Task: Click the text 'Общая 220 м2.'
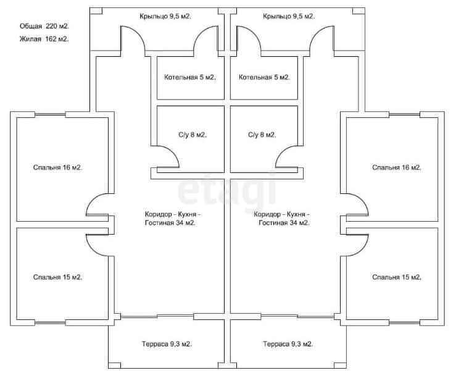point(44,27)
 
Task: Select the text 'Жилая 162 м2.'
point(44,39)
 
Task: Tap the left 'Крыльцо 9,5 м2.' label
point(164,17)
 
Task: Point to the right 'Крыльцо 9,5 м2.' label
point(288,17)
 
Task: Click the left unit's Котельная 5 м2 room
point(190,78)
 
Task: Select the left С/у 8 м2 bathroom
point(192,135)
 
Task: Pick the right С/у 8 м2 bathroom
point(262,135)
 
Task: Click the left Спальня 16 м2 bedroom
point(57,167)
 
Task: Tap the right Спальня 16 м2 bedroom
point(396,167)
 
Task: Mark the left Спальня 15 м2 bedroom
point(57,277)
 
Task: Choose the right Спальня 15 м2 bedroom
point(396,277)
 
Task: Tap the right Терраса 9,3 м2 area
point(288,344)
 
